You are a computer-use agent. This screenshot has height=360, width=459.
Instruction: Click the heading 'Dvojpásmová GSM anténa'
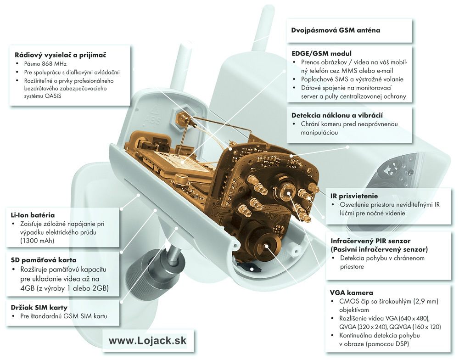pyautogui.click(x=336, y=30)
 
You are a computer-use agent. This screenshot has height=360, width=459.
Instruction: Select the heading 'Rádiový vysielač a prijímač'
pyautogui.click(x=60, y=55)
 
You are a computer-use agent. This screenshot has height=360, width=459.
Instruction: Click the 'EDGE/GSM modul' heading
pyautogui.click(x=321, y=54)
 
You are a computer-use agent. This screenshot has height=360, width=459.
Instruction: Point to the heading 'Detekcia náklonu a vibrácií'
pyautogui.click(x=337, y=115)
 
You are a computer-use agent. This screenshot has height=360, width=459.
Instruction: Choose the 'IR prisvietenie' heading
pyautogui.click(x=354, y=196)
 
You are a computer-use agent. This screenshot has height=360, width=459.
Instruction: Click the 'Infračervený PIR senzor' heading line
pyautogui.click(x=370, y=241)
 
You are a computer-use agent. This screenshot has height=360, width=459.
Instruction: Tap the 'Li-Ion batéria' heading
pyautogui.click(x=33, y=215)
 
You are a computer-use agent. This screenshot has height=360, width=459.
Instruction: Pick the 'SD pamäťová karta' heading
pyautogui.click(x=44, y=260)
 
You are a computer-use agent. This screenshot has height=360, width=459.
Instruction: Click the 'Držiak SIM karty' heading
pyautogui.click(x=39, y=308)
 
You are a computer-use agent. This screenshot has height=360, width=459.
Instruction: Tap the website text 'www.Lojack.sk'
pyautogui.click(x=147, y=340)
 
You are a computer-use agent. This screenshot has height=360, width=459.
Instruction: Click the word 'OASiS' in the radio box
pyautogui.click(x=53, y=96)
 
